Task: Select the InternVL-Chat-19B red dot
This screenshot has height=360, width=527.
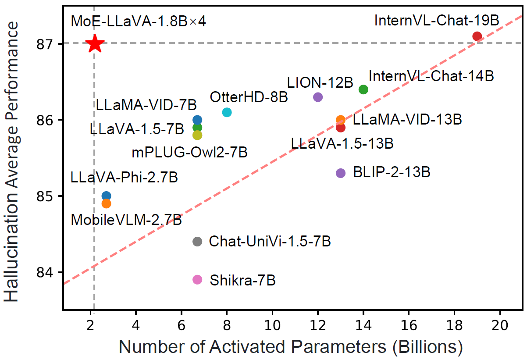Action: click(x=477, y=36)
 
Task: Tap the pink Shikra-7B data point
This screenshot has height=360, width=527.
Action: click(x=197, y=279)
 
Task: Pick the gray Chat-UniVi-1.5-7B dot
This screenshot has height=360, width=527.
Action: click(x=197, y=241)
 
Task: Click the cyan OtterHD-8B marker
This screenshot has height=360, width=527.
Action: click(x=227, y=112)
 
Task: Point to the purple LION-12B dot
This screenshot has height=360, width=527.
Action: click(x=318, y=97)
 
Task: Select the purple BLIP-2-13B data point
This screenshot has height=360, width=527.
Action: click(x=341, y=173)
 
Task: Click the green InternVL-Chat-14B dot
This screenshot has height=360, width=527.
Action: click(x=363, y=89)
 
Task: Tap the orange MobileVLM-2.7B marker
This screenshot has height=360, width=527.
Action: click(x=106, y=203)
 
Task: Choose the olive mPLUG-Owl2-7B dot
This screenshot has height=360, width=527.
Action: click(x=197, y=135)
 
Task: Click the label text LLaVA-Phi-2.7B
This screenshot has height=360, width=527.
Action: click(x=124, y=178)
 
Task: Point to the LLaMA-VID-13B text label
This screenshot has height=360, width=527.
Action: click(x=407, y=119)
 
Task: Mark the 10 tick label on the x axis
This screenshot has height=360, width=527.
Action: click(x=272, y=326)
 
